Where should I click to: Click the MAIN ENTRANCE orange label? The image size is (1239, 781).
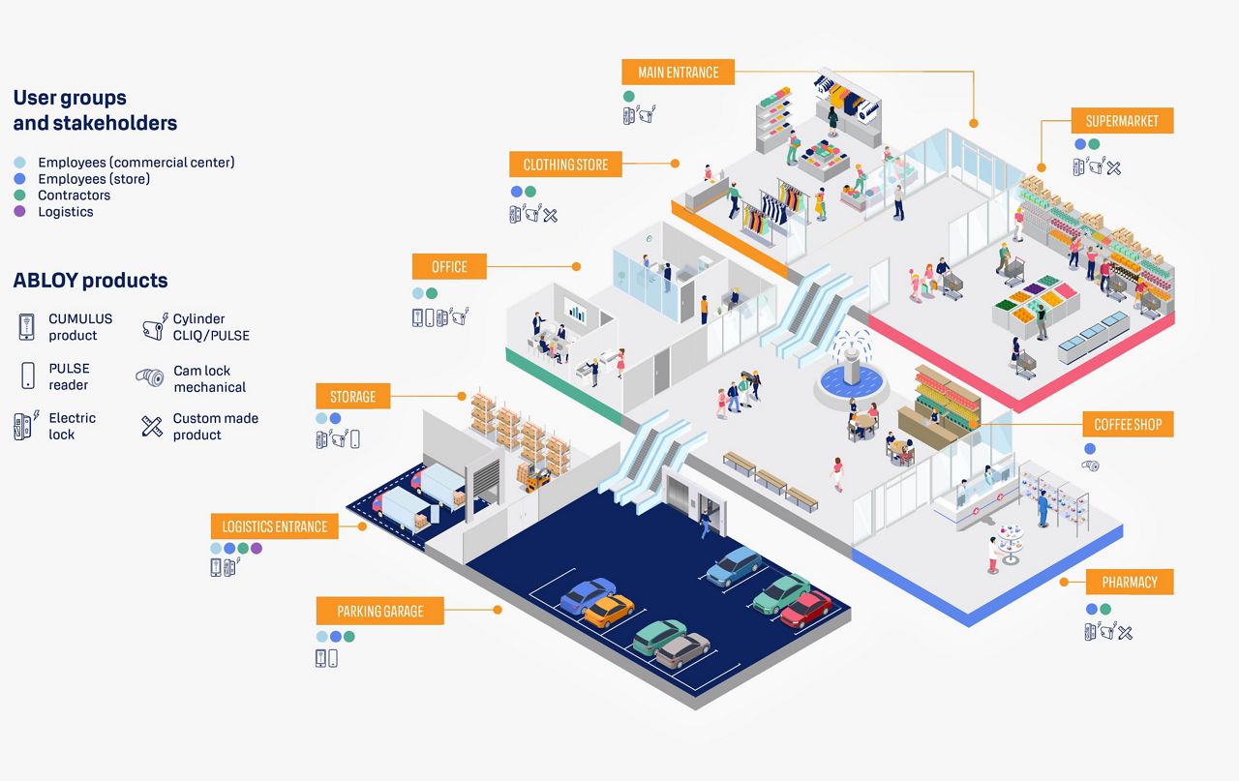(679, 72)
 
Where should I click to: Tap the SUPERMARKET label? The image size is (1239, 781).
(1122, 121)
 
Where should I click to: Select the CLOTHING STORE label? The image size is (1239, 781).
(565, 165)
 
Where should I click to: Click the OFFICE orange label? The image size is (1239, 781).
(449, 266)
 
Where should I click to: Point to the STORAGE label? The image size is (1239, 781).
(353, 396)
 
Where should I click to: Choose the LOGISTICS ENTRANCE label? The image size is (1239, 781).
(274, 526)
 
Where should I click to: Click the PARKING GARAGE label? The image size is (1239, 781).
(380, 611)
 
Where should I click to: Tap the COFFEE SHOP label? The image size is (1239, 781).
(1128, 424)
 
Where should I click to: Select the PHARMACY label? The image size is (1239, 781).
(1130, 582)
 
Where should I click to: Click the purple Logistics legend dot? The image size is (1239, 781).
(19, 211)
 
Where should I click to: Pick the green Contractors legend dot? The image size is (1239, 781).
(19, 195)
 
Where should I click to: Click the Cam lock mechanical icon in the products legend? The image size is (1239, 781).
(150, 377)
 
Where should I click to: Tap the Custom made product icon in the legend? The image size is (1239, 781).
(152, 427)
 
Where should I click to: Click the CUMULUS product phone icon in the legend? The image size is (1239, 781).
(26, 326)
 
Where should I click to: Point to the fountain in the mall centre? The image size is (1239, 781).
(852, 368)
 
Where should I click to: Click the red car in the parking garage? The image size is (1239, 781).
(806, 609)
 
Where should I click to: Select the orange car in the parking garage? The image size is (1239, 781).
(609, 611)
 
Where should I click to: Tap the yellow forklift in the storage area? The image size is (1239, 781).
(537, 480)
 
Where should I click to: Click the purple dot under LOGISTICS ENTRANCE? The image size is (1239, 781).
(257, 548)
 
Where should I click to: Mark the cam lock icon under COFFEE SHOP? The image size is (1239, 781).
(1090, 466)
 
